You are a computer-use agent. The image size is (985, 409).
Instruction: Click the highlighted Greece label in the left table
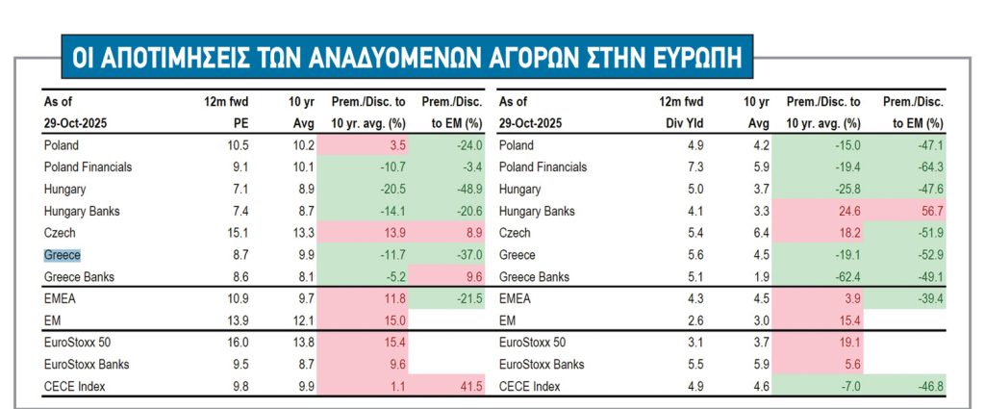tap(63, 255)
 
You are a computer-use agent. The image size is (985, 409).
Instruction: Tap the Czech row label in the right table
tap(516, 233)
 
